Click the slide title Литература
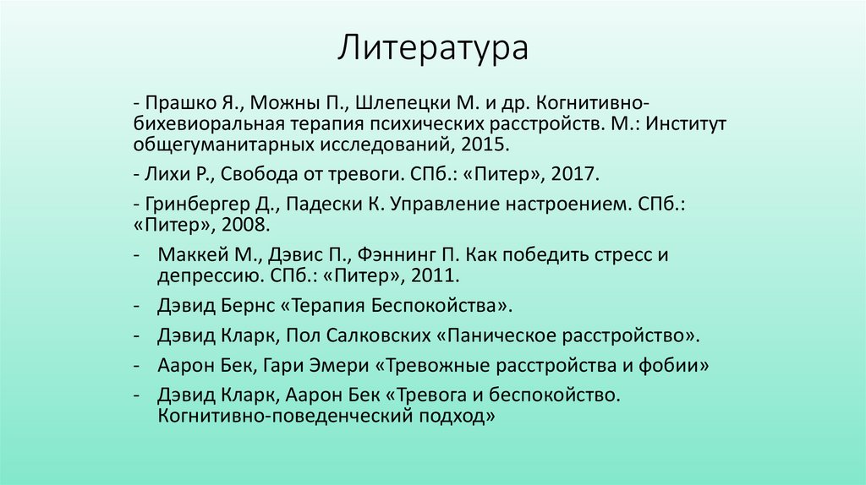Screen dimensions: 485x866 433,48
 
